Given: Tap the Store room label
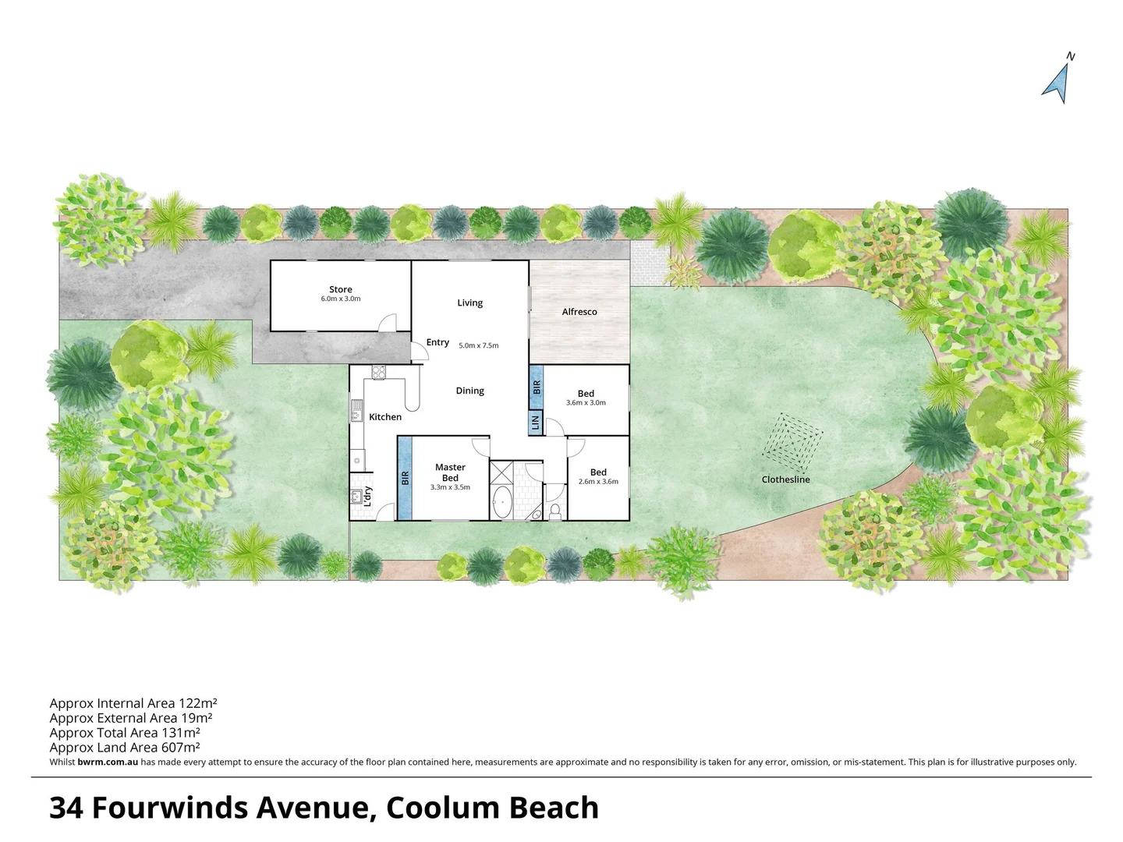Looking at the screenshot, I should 341,289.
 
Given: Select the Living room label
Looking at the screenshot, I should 469,302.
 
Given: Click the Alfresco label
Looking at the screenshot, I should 579,312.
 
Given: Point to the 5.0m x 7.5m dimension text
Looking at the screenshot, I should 478,345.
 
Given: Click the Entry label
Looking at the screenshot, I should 438,342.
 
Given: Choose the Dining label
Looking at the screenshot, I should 469,391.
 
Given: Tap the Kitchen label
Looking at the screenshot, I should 385,417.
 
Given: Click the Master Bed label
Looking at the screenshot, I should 450,472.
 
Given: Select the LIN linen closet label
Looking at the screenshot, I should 535,423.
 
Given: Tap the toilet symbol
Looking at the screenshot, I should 555,511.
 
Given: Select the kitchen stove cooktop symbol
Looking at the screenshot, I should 379,372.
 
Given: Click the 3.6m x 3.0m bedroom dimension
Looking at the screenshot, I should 586,403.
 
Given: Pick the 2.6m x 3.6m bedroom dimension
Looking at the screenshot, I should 598,481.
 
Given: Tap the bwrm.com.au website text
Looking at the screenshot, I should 108,762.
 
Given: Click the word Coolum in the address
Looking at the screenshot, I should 441,808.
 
